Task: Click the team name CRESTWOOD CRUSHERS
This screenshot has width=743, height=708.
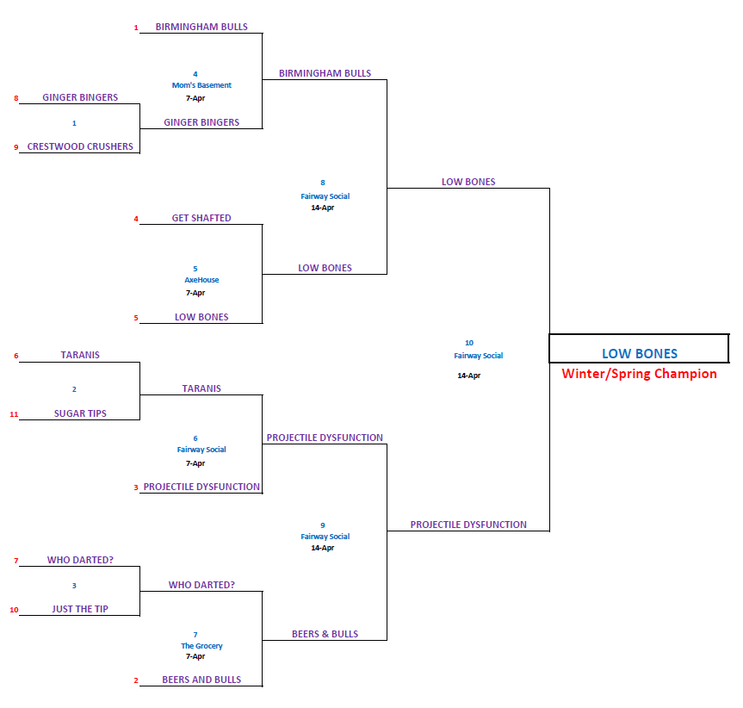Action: click(80, 146)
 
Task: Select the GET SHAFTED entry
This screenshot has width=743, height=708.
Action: click(201, 218)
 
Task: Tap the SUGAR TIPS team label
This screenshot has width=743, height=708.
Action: click(80, 413)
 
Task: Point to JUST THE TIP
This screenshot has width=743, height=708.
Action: click(80, 610)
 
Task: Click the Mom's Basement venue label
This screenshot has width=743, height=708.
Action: click(201, 85)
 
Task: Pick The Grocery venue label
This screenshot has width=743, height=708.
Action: click(201, 646)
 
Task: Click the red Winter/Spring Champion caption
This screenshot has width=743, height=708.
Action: click(639, 374)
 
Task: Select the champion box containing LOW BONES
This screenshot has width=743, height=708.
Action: click(639, 349)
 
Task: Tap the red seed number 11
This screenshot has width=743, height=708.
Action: click(14, 414)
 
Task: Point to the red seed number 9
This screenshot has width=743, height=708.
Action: click(15, 147)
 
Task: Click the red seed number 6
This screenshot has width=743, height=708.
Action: click(15, 356)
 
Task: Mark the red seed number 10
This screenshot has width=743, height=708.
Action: click(14, 611)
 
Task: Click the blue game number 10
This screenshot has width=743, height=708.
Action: click(469, 343)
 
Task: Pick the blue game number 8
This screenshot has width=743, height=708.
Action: click(323, 183)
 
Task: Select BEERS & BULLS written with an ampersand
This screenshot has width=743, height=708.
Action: click(325, 634)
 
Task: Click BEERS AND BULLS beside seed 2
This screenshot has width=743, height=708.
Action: click(201, 680)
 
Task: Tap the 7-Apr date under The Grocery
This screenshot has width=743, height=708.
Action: click(195, 656)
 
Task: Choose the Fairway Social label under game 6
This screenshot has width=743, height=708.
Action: click(201, 450)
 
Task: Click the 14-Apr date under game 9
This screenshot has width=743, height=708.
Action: click(323, 548)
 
